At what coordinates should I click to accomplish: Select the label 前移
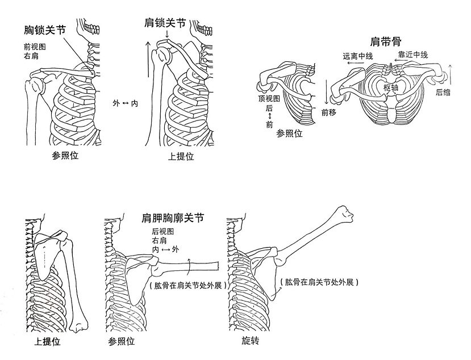(x=329, y=113)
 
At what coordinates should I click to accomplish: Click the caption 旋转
(x=250, y=342)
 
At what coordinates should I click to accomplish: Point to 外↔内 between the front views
(x=125, y=102)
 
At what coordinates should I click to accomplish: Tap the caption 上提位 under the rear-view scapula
(x=48, y=342)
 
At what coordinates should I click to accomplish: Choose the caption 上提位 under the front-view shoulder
(x=181, y=157)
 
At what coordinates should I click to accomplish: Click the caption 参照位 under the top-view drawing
(x=289, y=134)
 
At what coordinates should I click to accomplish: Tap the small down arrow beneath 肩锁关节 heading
(x=167, y=36)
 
